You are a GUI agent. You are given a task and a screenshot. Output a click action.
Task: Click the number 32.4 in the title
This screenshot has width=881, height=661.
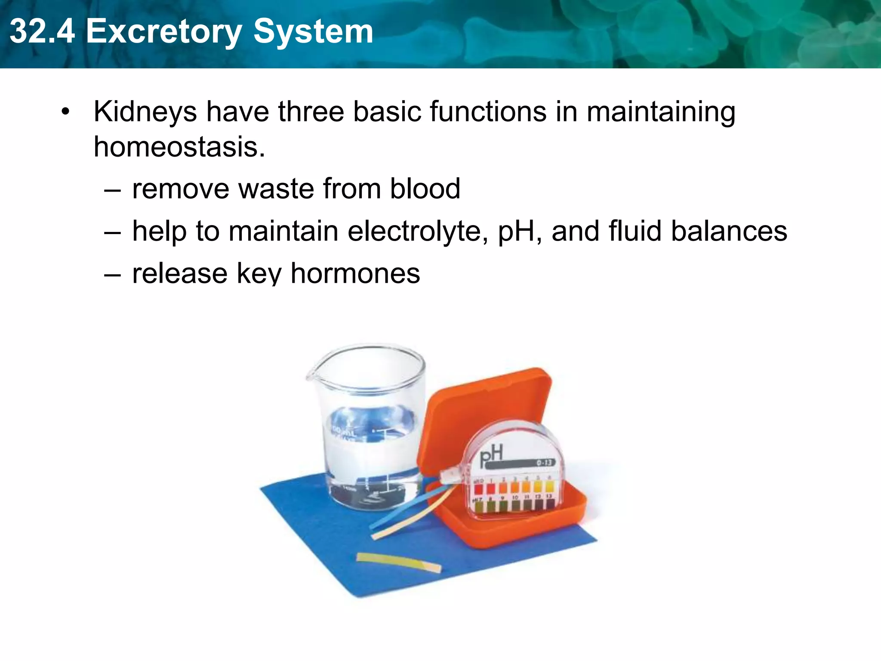click(x=42, y=31)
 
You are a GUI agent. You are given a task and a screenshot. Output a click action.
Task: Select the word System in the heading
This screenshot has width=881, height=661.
click(x=313, y=31)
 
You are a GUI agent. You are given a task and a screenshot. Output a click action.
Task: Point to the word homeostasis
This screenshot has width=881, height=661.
click(x=179, y=147)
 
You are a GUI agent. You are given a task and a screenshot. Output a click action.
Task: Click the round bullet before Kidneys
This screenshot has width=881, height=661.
click(x=65, y=112)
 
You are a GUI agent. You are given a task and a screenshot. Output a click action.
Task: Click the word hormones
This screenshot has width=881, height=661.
click(x=355, y=273)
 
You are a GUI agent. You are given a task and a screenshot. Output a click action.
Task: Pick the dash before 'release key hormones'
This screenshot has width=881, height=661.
click(x=112, y=274)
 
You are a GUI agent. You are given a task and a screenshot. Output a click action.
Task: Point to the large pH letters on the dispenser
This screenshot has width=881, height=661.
click(x=491, y=457)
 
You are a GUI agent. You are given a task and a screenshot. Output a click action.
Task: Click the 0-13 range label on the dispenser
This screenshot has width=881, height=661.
click(x=544, y=463)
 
